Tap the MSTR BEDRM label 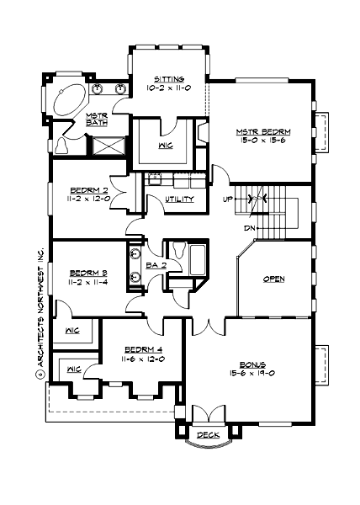coord(262,132)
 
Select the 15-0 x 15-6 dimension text coord(262,142)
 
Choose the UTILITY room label coord(179,199)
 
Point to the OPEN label coord(273,279)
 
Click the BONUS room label coord(252,364)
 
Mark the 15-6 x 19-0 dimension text coord(252,374)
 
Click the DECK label coord(206,436)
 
